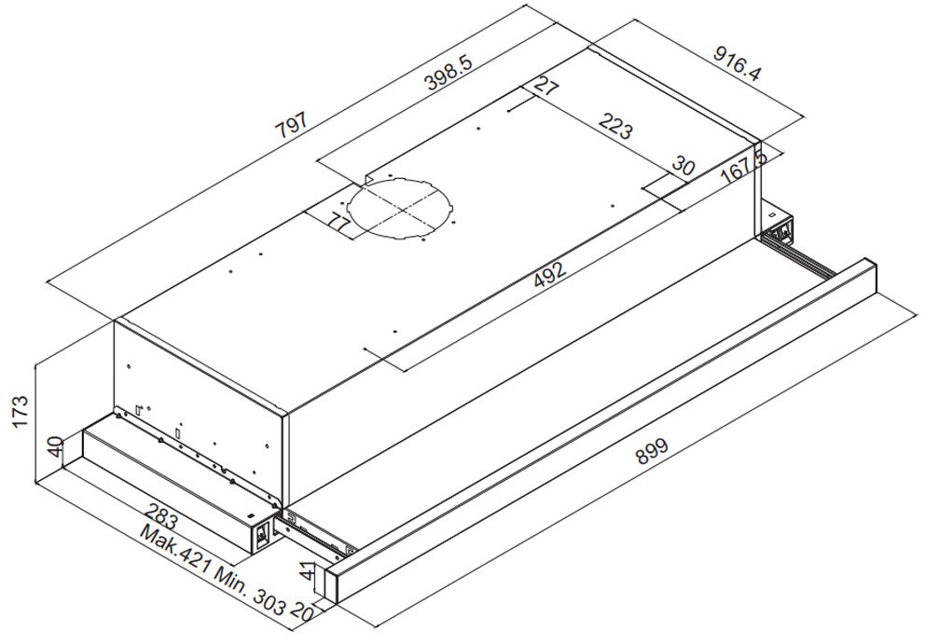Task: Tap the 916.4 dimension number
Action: [x=738, y=64]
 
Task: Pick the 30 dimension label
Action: [x=683, y=167]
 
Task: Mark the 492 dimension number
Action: [x=549, y=275]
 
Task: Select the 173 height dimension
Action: [x=22, y=410]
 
